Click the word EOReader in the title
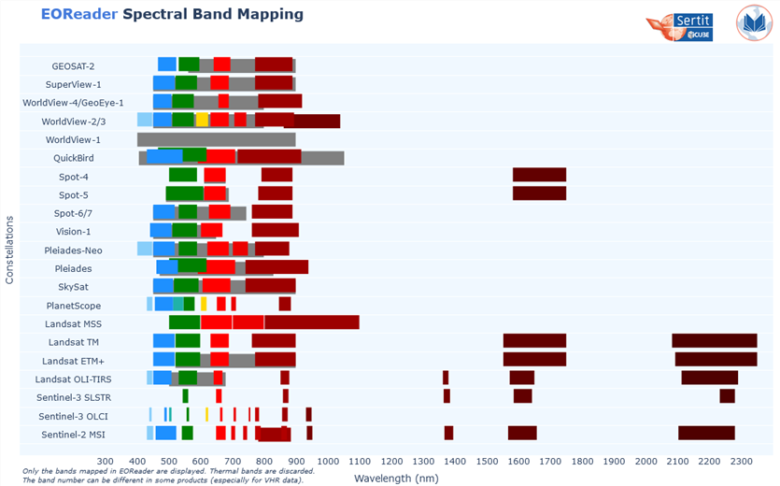(x=78, y=15)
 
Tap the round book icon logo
(x=753, y=23)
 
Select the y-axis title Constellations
(x=10, y=250)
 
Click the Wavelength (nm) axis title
(x=397, y=478)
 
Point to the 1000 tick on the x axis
(x=328, y=461)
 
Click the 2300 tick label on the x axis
(x=741, y=461)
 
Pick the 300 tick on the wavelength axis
(x=106, y=461)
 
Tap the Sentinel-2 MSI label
(x=71, y=435)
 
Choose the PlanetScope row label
(x=74, y=306)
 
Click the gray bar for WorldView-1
(x=216, y=139)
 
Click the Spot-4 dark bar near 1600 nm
(x=539, y=175)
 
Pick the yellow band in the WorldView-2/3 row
(x=202, y=120)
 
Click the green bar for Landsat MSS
(x=184, y=322)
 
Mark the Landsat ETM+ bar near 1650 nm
(x=534, y=359)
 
